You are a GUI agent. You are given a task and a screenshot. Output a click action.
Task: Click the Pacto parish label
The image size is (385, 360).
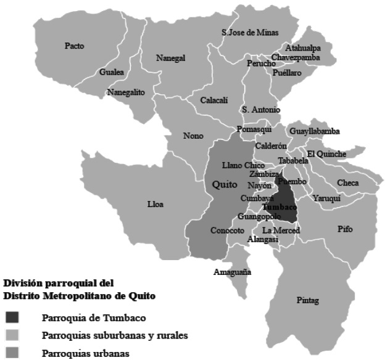pos(74,46)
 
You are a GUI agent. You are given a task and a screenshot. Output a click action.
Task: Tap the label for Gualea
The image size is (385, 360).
pos(112,72)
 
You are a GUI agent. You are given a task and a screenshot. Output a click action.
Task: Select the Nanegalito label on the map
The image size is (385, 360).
pos(126,92)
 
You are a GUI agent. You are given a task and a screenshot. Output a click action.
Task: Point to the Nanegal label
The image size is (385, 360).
pos(171,58)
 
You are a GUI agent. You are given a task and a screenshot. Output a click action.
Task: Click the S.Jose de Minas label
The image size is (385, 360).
pos(250,32)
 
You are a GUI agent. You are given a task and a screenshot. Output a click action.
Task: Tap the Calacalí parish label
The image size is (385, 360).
pos(214,100)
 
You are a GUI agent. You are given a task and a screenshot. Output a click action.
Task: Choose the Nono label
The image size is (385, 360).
pos(192,136)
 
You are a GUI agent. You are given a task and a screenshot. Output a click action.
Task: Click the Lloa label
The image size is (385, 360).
pos(155,204)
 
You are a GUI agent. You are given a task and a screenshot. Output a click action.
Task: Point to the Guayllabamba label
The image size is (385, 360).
pos(314,131)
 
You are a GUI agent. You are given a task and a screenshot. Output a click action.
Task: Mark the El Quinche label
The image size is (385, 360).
pos(326,153)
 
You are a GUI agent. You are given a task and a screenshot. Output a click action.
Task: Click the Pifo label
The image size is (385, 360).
pos(345,229)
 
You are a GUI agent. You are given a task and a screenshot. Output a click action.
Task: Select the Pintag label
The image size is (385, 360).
pos(307,301)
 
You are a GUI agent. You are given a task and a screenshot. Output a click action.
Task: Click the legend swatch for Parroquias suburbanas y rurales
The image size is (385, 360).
pos(14,336)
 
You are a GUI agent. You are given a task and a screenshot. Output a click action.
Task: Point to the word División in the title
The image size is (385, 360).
pos(23,284)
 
